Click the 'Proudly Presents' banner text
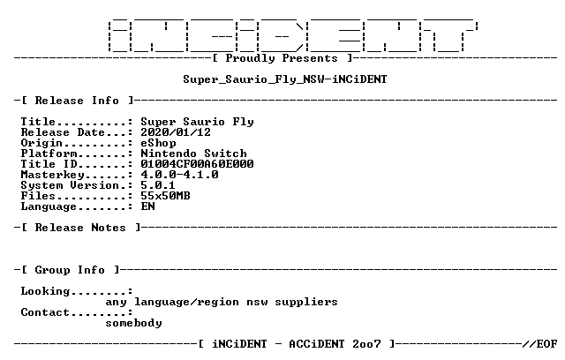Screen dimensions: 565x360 (x=282, y=58)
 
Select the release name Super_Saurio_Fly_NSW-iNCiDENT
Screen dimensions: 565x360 (x=285, y=79)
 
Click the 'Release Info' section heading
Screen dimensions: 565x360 (x=77, y=101)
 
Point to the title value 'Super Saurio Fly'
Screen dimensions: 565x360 (x=197, y=122)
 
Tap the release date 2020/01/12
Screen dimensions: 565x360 (x=176, y=132)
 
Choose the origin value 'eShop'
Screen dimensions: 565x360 (x=158, y=143)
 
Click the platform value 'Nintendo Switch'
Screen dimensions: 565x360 (x=193, y=154)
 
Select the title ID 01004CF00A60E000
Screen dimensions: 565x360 (x=197, y=164)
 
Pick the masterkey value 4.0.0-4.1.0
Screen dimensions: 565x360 (x=179, y=175)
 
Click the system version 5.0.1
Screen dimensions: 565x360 (x=158, y=185)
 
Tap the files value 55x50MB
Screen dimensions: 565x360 (x=165, y=196)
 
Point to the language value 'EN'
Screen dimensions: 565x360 (x=147, y=206)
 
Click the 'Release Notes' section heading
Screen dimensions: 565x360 (x=80, y=228)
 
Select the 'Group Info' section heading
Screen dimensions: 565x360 (x=70, y=270)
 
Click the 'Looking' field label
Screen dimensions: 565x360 (x=45, y=291)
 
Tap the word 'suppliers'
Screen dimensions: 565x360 (x=306, y=302)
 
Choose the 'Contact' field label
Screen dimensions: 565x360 (x=45, y=312)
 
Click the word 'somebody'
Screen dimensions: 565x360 (x=133, y=323)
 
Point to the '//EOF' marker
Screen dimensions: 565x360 (x=540, y=344)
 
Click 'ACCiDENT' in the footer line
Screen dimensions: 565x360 (x=317, y=344)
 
